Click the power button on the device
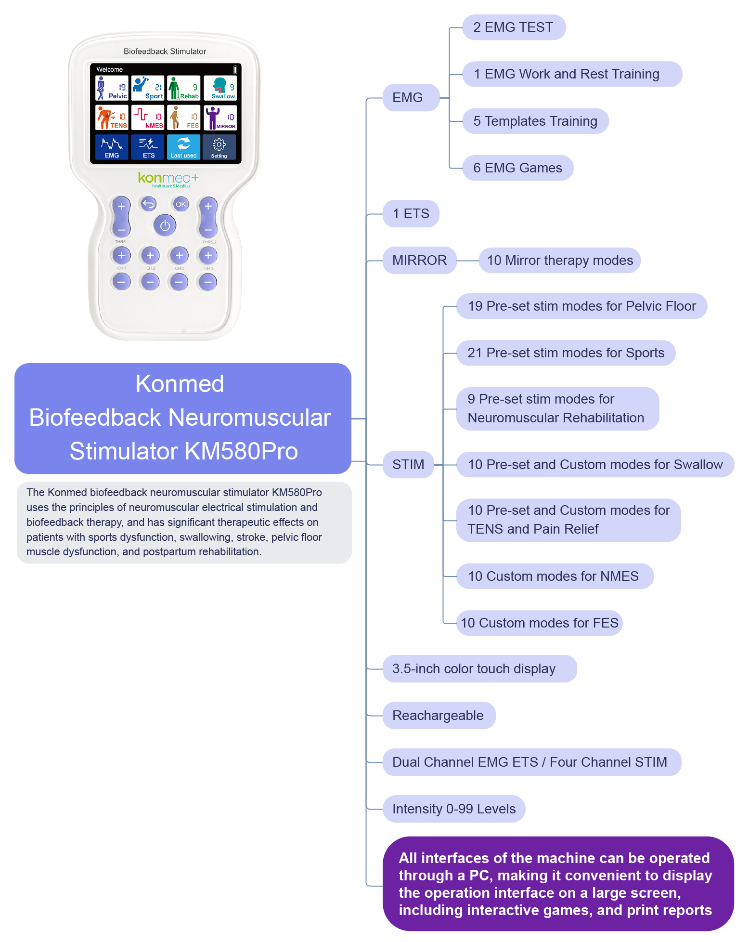click(x=165, y=225)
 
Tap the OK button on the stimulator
click(x=181, y=204)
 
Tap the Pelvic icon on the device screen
click(x=112, y=88)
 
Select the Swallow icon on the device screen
click(x=220, y=88)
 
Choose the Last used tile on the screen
click(x=183, y=147)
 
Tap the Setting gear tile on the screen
click(x=219, y=147)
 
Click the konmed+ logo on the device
click(x=168, y=179)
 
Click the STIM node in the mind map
click(x=408, y=465)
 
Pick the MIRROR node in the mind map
click(x=419, y=261)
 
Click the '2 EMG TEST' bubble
click(x=514, y=27)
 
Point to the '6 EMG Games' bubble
click(x=517, y=168)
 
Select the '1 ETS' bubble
click(x=411, y=214)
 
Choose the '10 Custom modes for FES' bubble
click(x=539, y=623)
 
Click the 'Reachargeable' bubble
click(x=439, y=716)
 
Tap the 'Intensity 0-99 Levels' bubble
click(x=454, y=809)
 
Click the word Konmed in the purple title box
click(x=180, y=384)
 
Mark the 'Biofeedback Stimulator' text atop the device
click(x=165, y=52)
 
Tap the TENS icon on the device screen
click(x=112, y=118)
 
